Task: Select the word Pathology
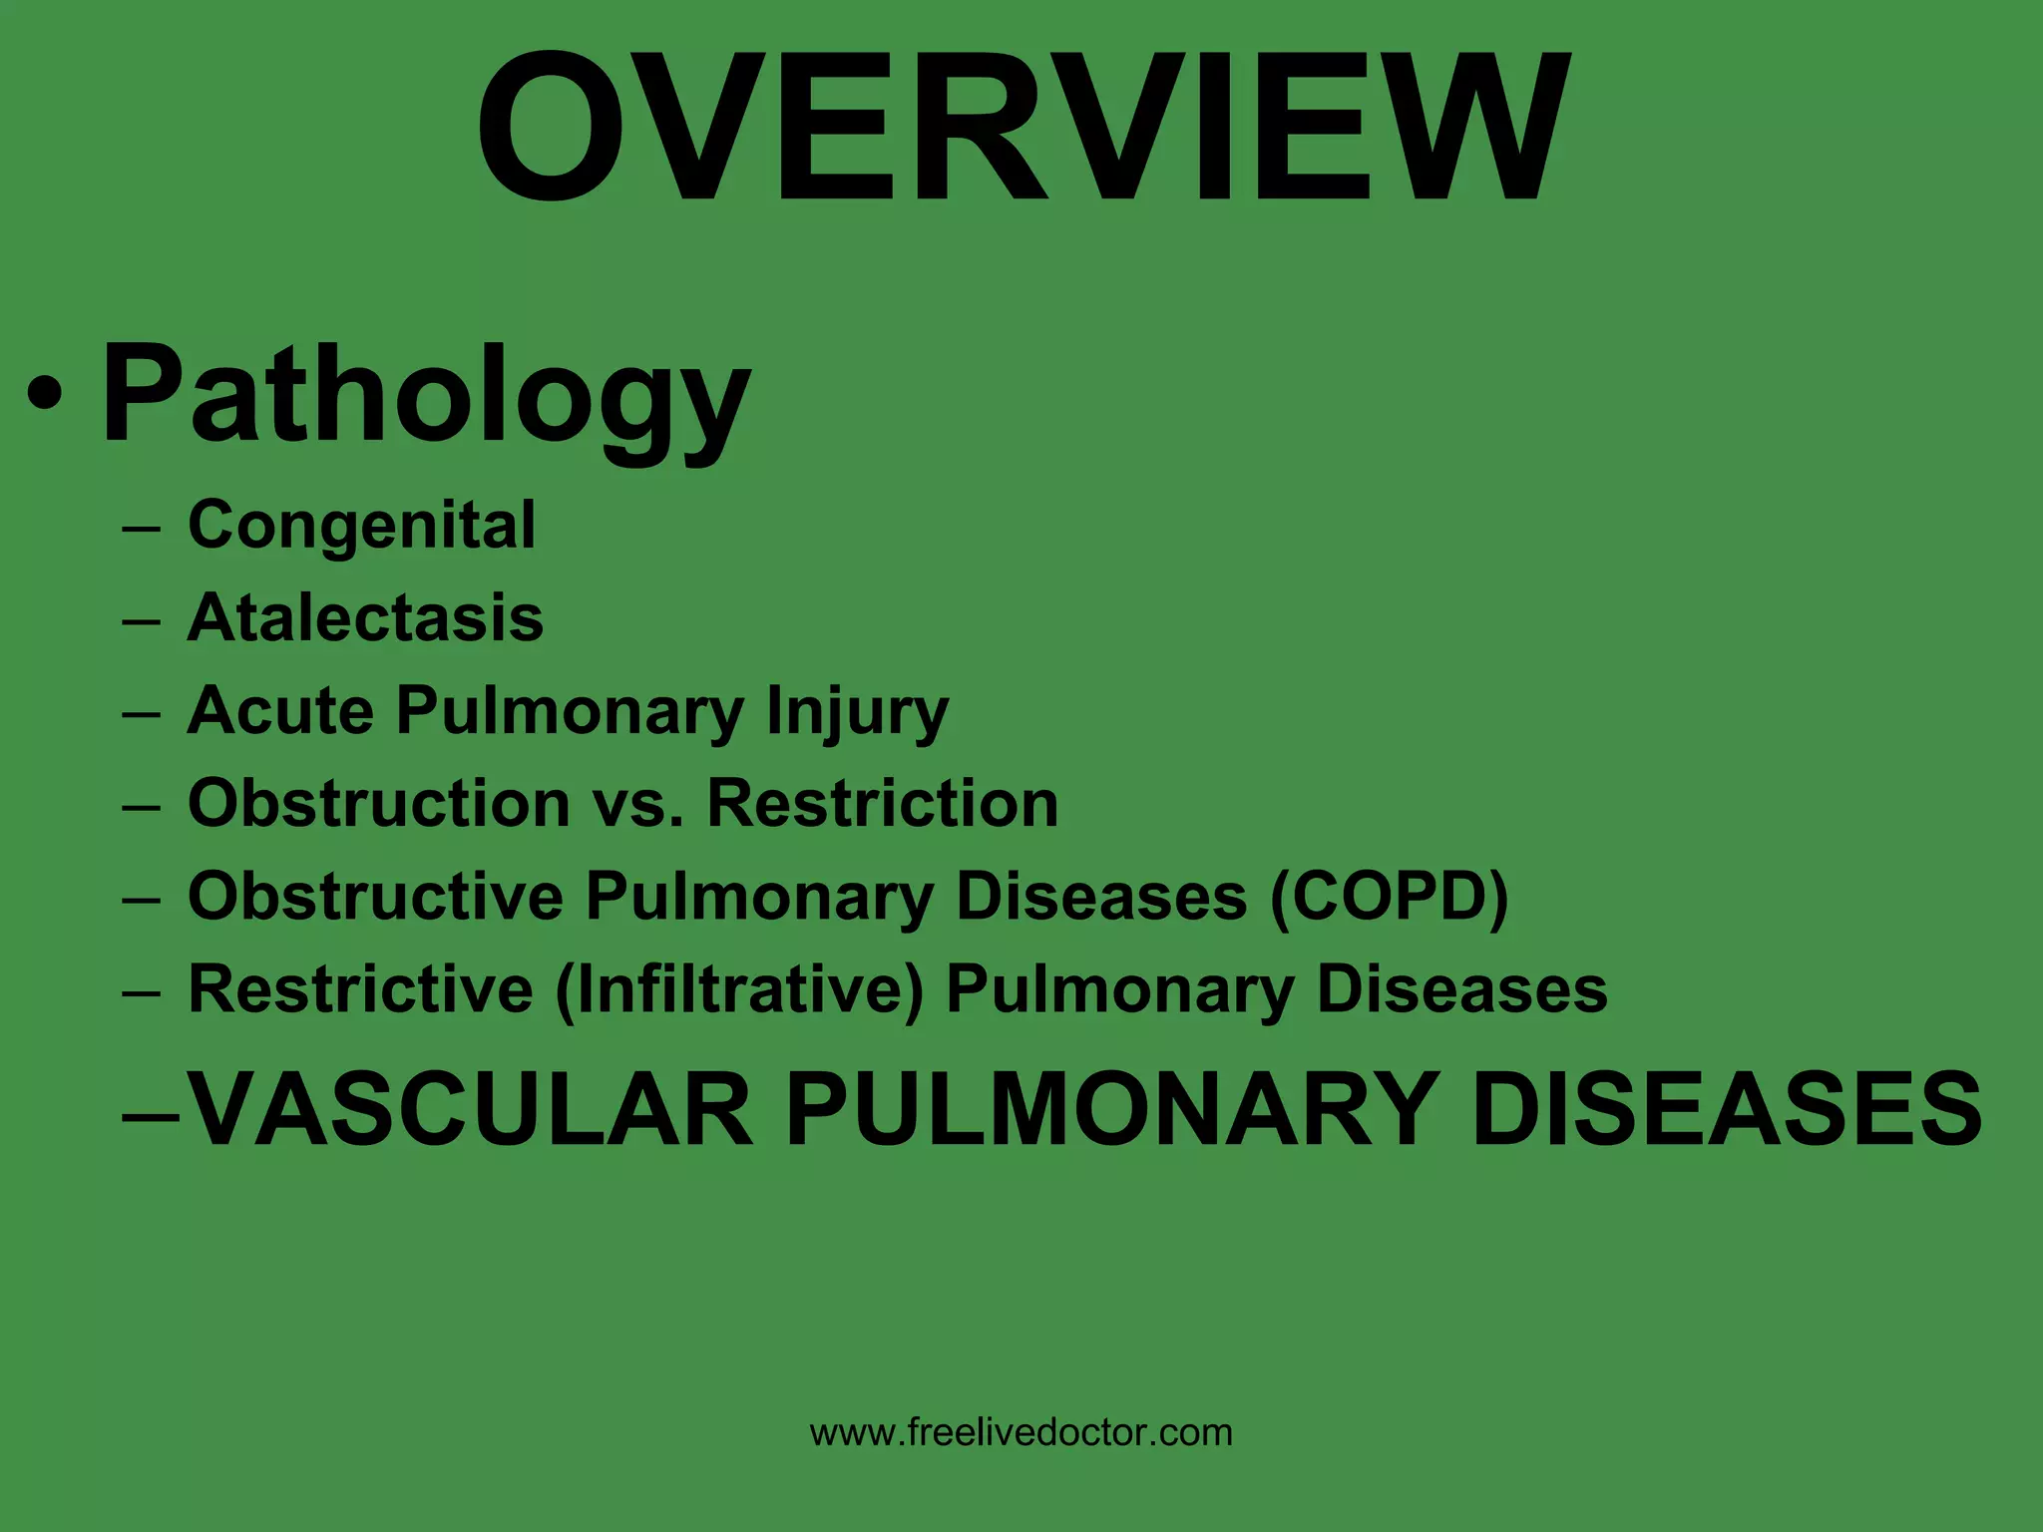426,393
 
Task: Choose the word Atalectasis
365,617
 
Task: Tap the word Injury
857,712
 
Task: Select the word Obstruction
379,803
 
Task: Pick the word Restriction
882,803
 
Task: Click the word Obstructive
375,896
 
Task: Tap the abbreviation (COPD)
1389,896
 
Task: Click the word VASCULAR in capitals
470,1109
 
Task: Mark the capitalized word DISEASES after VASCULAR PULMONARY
1727,1109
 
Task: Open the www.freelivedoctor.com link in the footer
1021,1433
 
